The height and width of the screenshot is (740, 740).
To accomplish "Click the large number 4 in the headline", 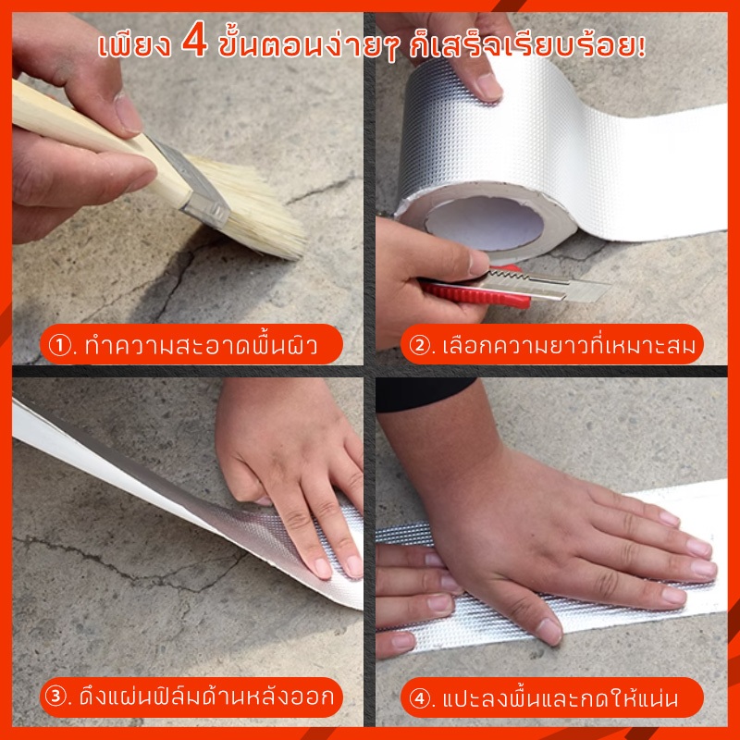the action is (x=194, y=39).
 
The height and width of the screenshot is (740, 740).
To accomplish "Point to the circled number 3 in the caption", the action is (x=56, y=697).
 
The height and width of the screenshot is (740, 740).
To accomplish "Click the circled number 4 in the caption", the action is (x=420, y=698).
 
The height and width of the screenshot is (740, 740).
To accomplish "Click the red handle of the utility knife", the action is (x=476, y=290).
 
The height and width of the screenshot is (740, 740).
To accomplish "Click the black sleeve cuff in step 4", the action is (x=423, y=395).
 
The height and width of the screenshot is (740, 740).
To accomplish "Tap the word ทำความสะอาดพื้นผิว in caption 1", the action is (x=202, y=345).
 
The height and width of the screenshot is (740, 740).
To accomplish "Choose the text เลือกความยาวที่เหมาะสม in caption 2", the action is (x=569, y=345).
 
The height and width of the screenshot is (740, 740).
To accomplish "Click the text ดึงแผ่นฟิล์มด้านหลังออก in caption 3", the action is (x=206, y=697).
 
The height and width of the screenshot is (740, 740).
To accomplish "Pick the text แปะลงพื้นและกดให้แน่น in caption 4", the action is (x=561, y=698).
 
